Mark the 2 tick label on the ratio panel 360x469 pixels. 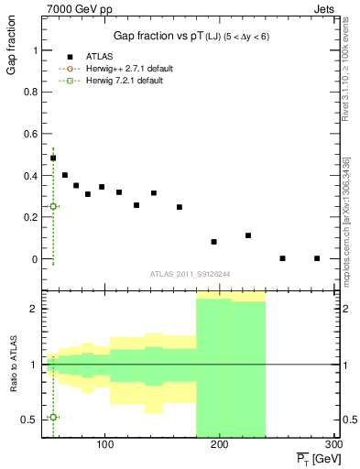(32, 309)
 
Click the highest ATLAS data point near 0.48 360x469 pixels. (53, 158)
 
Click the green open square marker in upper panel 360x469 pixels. (53, 207)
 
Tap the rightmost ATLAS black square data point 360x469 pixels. (317, 258)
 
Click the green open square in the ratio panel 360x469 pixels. (53, 417)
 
